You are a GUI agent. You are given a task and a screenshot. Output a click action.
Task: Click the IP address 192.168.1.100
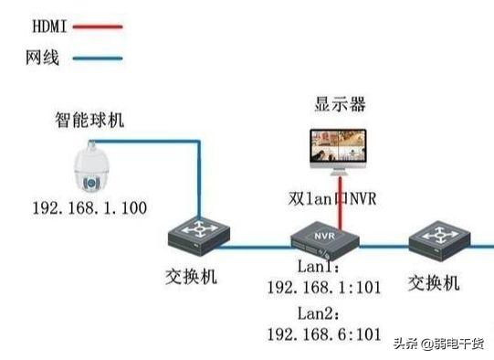[x=89, y=208]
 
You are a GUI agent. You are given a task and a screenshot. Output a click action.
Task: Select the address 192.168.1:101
[x=323, y=289]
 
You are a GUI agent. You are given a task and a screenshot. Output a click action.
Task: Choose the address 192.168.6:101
[x=323, y=334]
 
